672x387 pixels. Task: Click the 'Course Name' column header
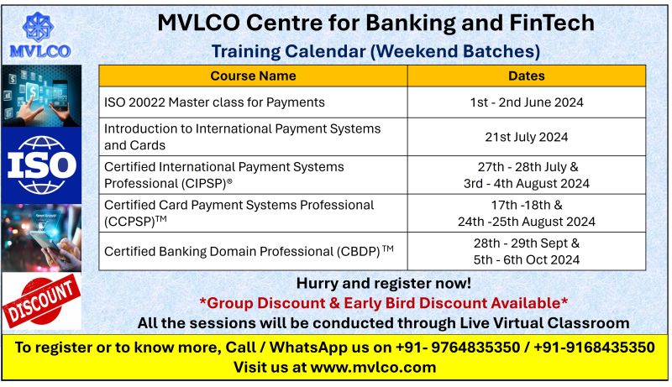[253, 76]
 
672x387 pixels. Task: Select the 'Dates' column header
[527, 76]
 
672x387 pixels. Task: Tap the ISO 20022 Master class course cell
[214, 102]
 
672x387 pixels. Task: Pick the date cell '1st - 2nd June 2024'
[527, 102]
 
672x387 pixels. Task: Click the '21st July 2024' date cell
[527, 137]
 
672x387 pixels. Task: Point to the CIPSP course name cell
[224, 175]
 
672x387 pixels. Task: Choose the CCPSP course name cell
[239, 213]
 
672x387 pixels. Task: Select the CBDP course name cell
[249, 250]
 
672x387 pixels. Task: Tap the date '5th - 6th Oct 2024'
[527, 259]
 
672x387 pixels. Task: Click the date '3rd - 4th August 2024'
[527, 183]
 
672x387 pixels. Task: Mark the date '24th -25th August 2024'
[527, 222]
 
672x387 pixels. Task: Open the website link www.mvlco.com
[373, 367]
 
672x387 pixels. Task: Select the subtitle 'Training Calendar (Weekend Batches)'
[375, 51]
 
